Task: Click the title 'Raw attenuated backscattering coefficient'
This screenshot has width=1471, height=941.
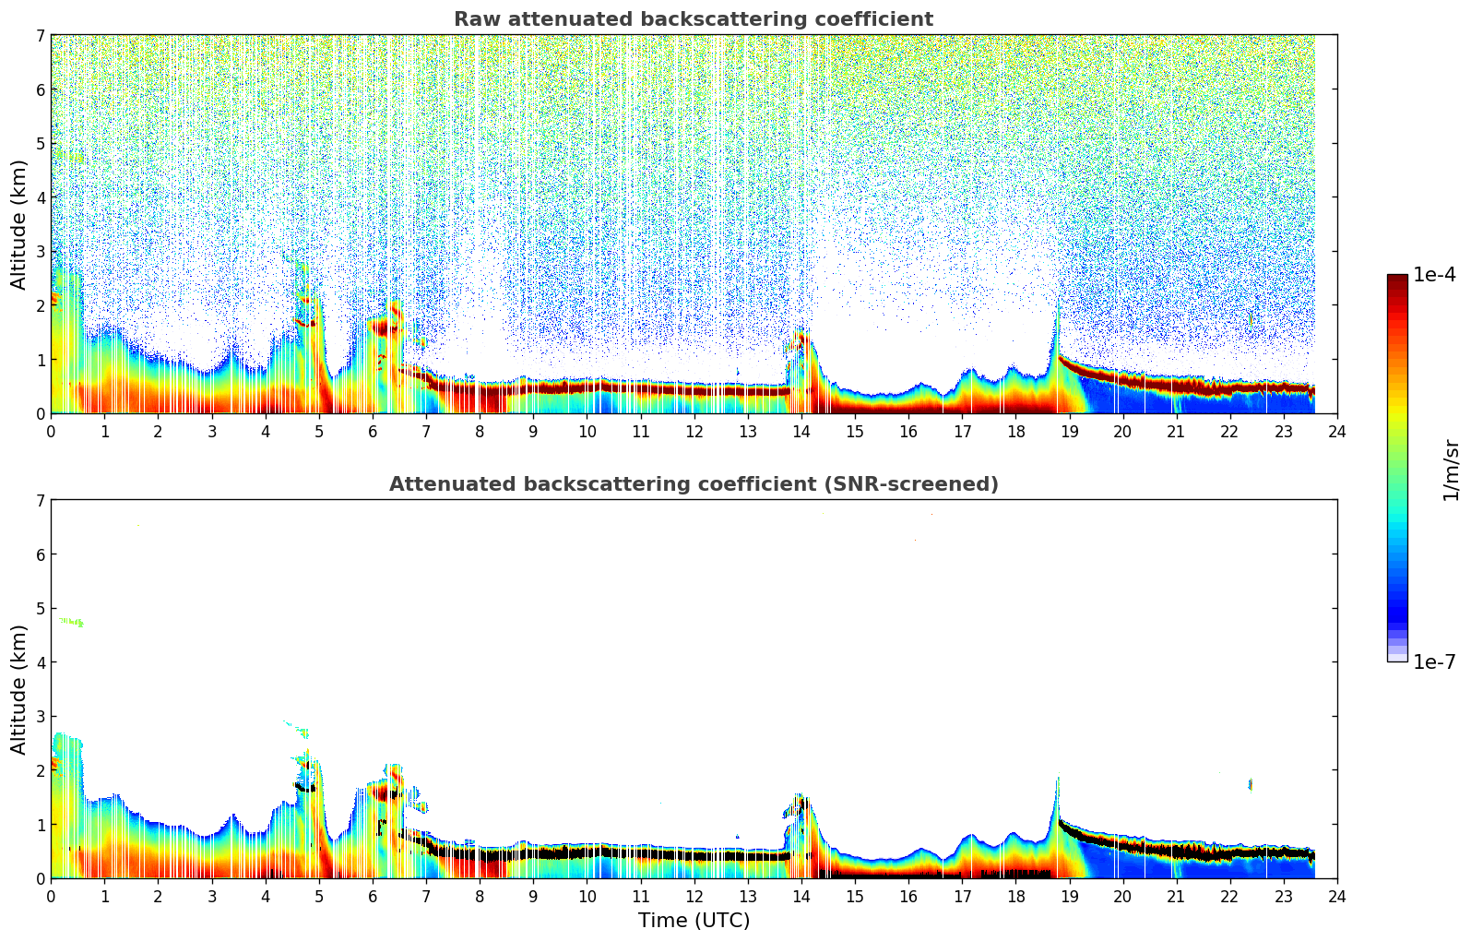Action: (x=694, y=19)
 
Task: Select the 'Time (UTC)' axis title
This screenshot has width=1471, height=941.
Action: (x=694, y=921)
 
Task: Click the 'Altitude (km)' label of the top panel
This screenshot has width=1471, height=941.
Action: (x=19, y=224)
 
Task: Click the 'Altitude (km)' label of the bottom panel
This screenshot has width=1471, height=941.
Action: (x=19, y=689)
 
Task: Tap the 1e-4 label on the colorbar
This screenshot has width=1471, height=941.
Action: (x=1434, y=275)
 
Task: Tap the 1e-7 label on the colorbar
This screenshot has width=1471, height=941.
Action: (x=1434, y=661)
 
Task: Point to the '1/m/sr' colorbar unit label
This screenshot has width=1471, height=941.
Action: (x=1451, y=470)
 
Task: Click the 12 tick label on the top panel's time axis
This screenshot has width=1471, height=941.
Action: (x=694, y=431)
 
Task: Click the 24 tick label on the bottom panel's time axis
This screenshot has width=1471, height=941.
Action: (x=1337, y=896)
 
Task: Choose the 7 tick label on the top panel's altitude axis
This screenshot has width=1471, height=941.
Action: (x=41, y=36)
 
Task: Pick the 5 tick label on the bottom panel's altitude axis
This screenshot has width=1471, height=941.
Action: (x=41, y=608)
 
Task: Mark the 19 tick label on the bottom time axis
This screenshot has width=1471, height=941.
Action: (x=1069, y=896)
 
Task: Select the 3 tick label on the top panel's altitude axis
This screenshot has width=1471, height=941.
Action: (x=41, y=252)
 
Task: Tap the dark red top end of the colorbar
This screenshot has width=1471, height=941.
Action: (x=1397, y=280)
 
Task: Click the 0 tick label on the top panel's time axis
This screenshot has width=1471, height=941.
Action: (x=51, y=431)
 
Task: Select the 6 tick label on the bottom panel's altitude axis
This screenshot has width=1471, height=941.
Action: (x=41, y=554)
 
